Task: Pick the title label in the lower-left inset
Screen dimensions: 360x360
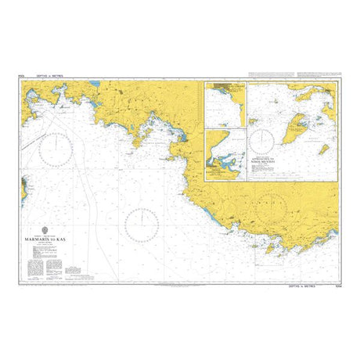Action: click(x=219, y=166)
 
